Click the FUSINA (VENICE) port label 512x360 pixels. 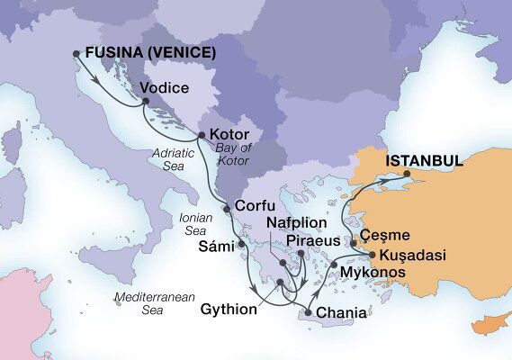pos(150,54)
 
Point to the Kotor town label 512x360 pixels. pos(229,134)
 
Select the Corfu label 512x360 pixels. pos(254,205)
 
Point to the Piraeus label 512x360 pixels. pos(313,241)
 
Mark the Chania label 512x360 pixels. pos(343,312)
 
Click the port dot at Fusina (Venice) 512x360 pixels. pos(76,53)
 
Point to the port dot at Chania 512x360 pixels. pos(309,311)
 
